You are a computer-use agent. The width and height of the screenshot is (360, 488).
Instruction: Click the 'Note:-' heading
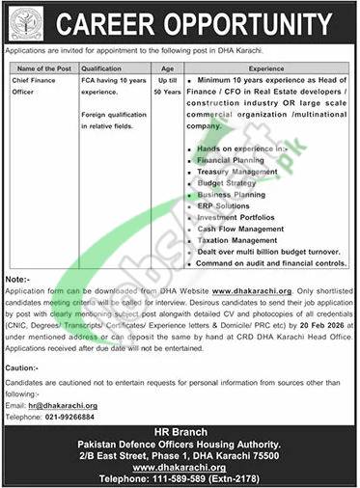(19, 275)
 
